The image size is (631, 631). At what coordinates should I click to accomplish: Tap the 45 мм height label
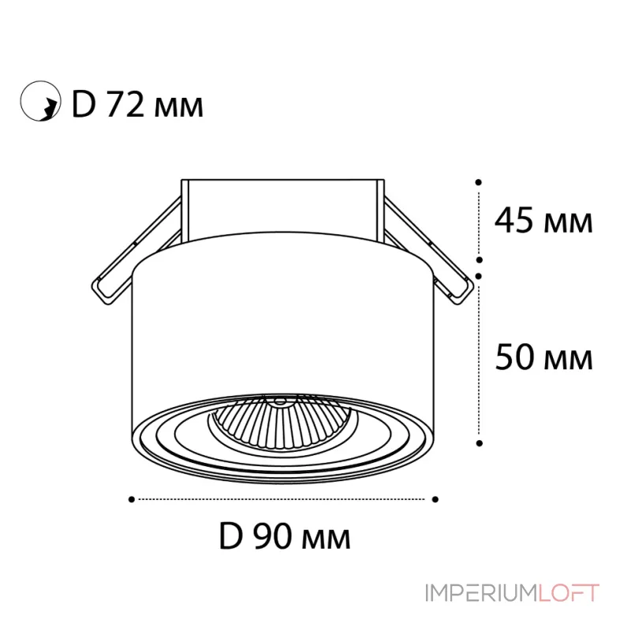coord(543,222)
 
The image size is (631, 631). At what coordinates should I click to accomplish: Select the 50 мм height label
coord(543,359)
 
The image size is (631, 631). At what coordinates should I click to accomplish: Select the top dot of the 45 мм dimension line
coord(479,181)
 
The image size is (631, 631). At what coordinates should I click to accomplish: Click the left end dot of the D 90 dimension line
coord(131,498)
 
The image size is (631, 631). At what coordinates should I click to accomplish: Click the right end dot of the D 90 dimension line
coord(434,498)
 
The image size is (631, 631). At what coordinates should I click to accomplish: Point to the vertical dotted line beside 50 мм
coord(479,359)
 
